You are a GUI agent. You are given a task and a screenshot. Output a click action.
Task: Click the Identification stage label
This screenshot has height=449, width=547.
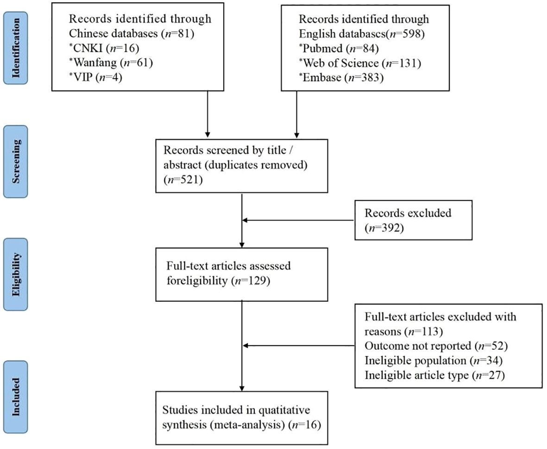coord(16,48)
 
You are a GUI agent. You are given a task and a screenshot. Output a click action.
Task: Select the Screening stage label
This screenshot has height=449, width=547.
coord(16,162)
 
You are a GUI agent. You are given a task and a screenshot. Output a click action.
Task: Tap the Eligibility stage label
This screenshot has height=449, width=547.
coord(16,274)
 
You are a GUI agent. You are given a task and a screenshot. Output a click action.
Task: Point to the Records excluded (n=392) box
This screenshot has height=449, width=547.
coord(413,220)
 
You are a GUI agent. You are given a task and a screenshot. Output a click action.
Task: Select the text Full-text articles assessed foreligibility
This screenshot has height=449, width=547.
coord(227,273)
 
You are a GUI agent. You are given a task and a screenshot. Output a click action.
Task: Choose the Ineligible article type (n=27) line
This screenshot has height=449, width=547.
coord(434,375)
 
